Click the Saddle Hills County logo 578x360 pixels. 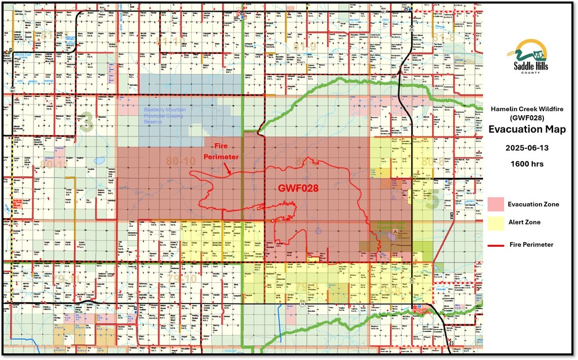pyautogui.click(x=530, y=56)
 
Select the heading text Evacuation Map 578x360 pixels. pyautogui.click(x=527, y=129)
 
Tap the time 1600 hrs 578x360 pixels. pyautogui.click(x=527, y=163)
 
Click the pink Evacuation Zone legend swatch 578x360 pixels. pyautogui.click(x=495, y=204)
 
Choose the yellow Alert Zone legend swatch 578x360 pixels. pyautogui.click(x=495, y=222)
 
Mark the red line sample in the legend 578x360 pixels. pyautogui.click(x=495, y=245)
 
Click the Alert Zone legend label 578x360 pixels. pyautogui.click(x=524, y=222)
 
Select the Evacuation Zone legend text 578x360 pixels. pyautogui.click(x=533, y=204)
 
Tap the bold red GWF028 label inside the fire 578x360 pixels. pyautogui.click(x=298, y=188)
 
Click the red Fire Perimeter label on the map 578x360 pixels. pyautogui.click(x=221, y=151)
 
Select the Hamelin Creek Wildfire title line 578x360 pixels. pyautogui.click(x=527, y=109)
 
